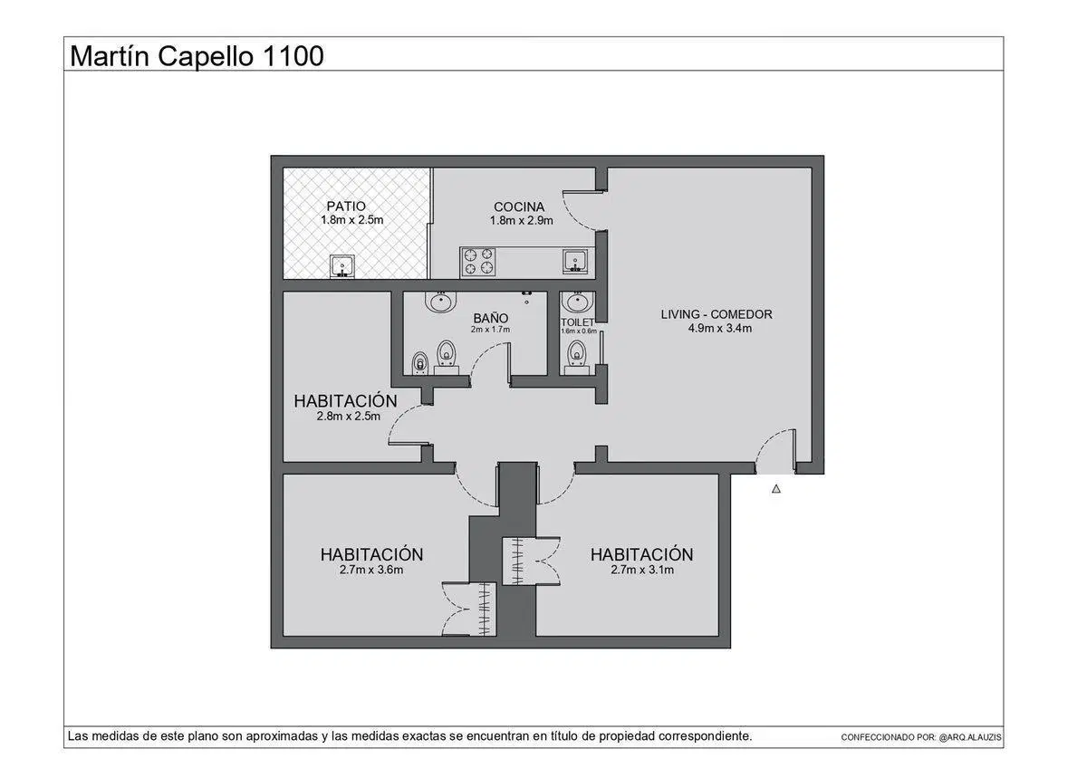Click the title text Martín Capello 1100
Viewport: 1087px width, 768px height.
coord(197,56)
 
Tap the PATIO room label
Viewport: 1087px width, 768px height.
coord(346,206)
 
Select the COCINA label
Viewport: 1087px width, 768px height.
coord(519,206)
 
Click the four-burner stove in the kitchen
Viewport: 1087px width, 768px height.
coord(478,262)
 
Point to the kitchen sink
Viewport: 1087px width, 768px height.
coord(575,262)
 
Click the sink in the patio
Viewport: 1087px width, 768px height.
coord(342,267)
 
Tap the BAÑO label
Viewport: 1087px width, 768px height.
coord(491,318)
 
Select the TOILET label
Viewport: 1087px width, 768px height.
coord(578,322)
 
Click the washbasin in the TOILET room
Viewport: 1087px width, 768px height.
coord(577,302)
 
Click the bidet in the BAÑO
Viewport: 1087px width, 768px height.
coord(419,363)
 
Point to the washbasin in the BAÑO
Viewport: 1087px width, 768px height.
coord(440,302)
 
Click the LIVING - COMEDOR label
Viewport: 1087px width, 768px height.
coord(717,314)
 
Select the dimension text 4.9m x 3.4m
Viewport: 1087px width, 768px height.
coord(719,329)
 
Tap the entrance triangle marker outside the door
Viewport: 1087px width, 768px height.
coord(776,489)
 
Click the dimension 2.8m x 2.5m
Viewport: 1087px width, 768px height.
coord(349,417)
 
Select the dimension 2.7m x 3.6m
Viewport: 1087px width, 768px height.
coord(371,570)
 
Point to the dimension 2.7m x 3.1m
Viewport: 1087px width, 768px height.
coord(642,570)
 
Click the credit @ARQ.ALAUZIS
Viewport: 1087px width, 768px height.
coord(970,737)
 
